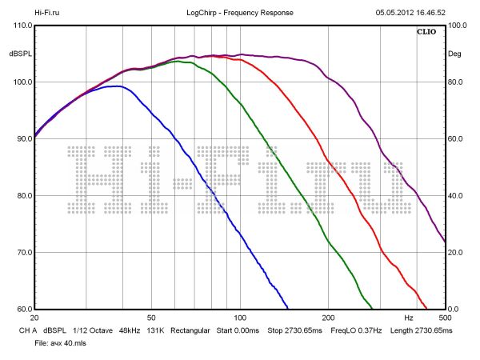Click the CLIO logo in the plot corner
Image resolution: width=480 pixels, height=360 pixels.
(x=426, y=33)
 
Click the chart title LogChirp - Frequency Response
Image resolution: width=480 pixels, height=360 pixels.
(x=239, y=13)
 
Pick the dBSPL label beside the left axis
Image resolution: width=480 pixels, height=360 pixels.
(x=19, y=54)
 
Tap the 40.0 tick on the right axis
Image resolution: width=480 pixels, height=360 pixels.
(x=457, y=196)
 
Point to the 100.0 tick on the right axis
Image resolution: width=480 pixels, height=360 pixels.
(x=458, y=26)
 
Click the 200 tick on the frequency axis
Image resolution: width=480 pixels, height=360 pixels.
(x=327, y=318)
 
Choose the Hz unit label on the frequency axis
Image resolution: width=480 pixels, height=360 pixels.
(x=408, y=318)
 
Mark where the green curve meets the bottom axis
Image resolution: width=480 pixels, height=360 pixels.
(x=372, y=308)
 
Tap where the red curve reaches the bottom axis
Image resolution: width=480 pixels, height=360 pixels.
(x=426, y=308)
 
